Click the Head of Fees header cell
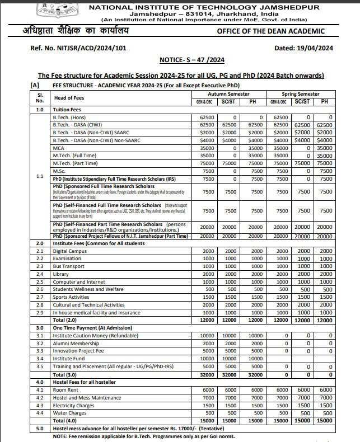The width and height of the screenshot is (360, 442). [x=67, y=98]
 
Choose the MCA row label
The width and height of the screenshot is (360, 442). [x=58, y=148]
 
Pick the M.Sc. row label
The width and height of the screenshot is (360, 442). [x=59, y=170]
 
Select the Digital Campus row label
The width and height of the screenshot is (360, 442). [x=69, y=252]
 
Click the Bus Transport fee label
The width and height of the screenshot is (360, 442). [x=69, y=267]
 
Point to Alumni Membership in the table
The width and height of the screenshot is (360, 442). [x=75, y=343]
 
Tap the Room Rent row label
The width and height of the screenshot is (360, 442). [x=65, y=389]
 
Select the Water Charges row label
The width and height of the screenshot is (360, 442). [x=69, y=412]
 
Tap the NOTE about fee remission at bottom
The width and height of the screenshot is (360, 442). [x=144, y=436]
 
